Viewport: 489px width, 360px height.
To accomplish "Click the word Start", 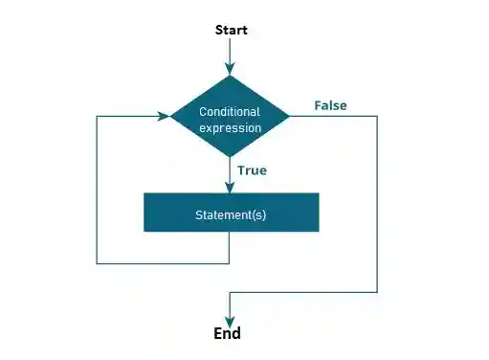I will click(230, 30).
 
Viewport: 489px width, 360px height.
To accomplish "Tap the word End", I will click(228, 334).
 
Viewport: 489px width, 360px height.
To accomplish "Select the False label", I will click(330, 105).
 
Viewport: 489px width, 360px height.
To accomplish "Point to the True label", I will click(253, 170).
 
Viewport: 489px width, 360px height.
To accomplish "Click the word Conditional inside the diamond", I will click(230, 112).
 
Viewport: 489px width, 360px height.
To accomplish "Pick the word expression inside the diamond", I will click(230, 126).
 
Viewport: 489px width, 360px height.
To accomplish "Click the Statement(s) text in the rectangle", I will click(231, 214).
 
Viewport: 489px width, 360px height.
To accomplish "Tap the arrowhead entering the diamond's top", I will click(230, 68).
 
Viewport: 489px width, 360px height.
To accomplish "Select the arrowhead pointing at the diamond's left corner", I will click(165, 116).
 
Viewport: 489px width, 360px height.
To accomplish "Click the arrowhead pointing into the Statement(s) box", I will click(230, 188).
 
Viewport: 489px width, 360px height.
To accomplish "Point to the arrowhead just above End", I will click(230, 320).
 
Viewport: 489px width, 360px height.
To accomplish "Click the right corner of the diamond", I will click(288, 116).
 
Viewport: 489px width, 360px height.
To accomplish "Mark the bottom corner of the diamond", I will click(230, 159).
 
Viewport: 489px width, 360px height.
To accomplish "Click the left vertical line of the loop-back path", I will click(98, 191).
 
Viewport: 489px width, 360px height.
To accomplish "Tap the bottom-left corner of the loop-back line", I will click(98, 262).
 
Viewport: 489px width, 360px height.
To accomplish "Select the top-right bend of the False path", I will click(377, 116).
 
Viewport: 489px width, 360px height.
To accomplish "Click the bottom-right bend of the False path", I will click(377, 292).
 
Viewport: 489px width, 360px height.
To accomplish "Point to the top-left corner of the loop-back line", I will click(98, 116).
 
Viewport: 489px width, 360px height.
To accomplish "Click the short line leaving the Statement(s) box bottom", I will click(230, 247).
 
